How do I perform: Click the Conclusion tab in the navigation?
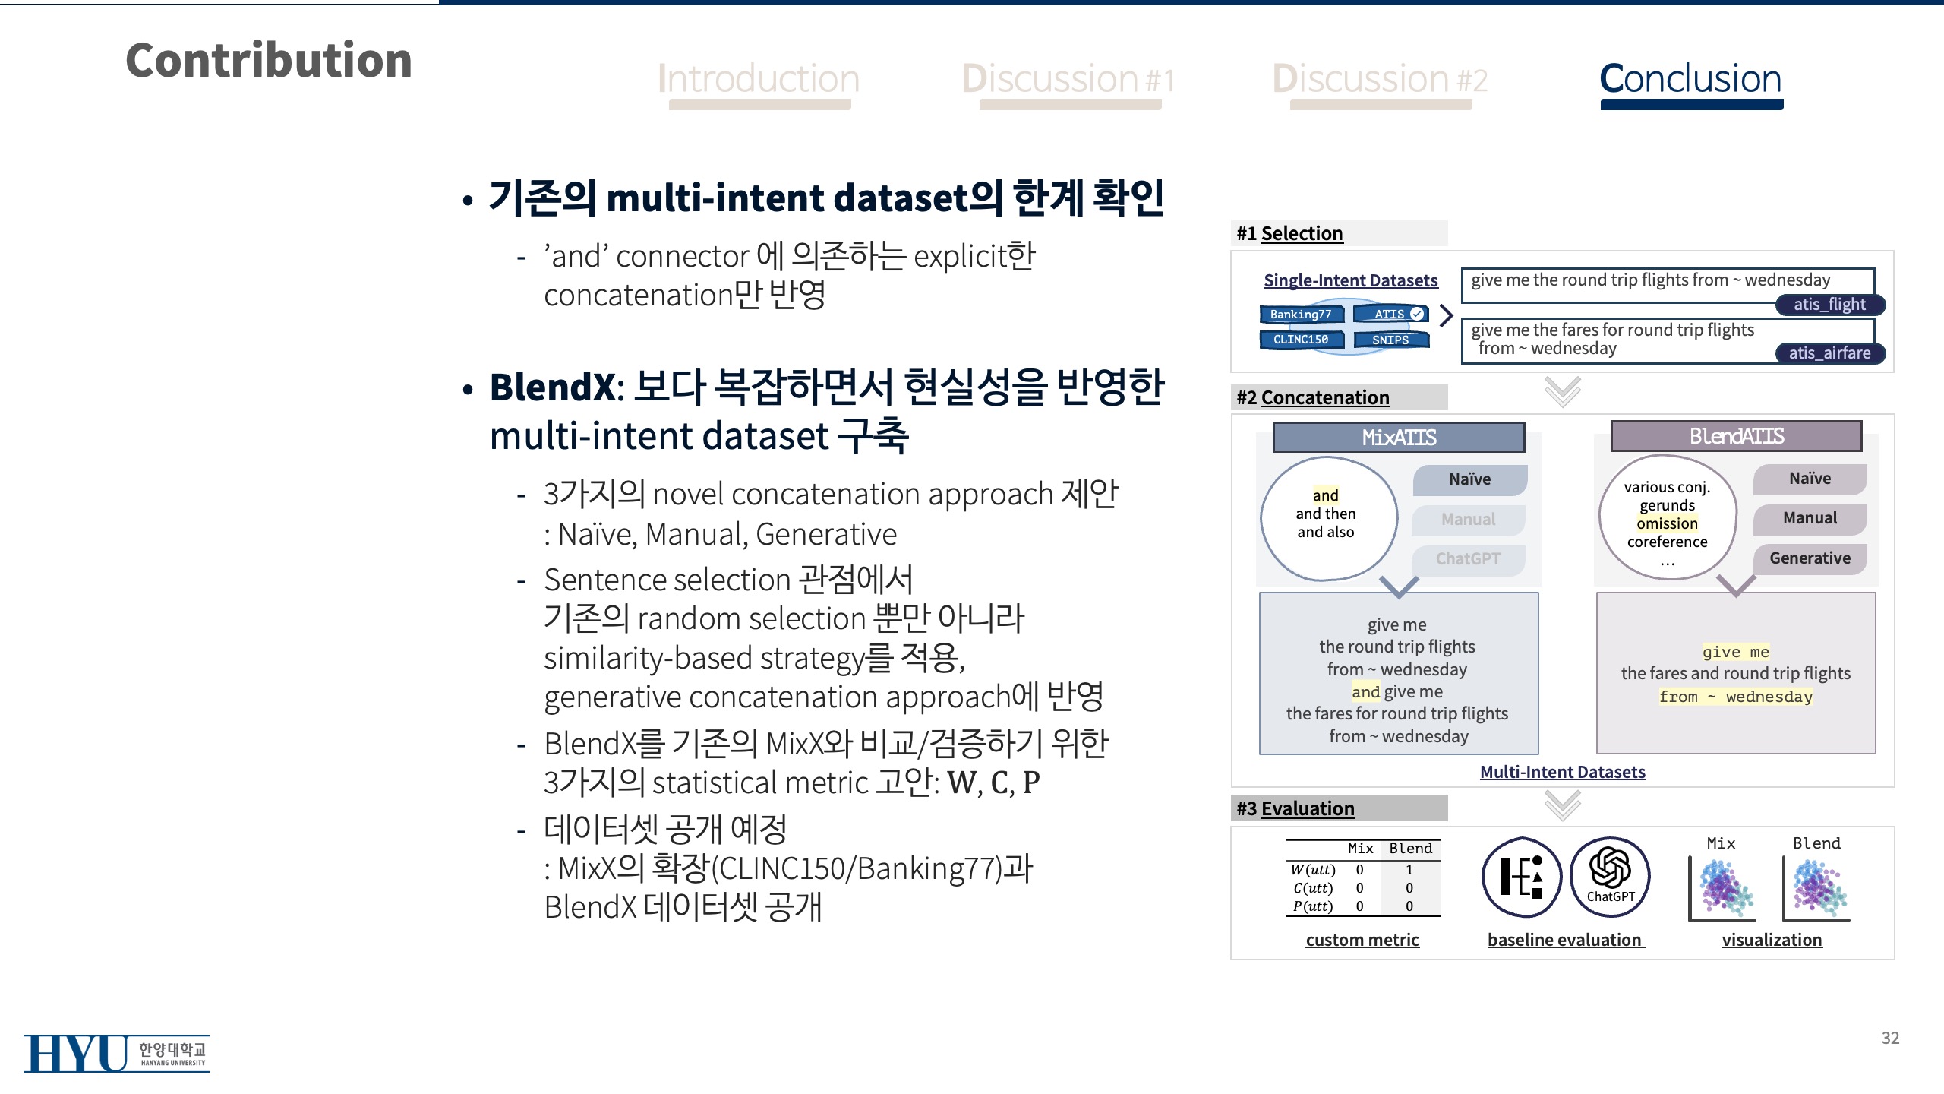click(x=1690, y=79)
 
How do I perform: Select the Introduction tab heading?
click(x=759, y=79)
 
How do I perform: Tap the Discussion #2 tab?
click(x=1380, y=79)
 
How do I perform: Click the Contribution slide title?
click(x=269, y=60)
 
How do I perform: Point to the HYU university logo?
click(x=116, y=1053)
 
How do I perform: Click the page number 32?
click(x=1890, y=1038)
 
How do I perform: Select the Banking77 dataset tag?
click(x=1301, y=314)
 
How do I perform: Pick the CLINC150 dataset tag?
click(x=1301, y=340)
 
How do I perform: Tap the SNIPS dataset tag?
click(x=1390, y=340)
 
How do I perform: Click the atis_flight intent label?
click(x=1829, y=305)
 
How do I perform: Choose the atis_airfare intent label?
click(x=1829, y=353)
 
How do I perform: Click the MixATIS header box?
click(x=1399, y=438)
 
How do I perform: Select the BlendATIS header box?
click(x=1736, y=436)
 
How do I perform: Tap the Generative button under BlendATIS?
click(x=1810, y=558)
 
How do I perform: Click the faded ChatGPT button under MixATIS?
click(x=1469, y=559)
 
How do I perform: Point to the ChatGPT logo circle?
click(x=1610, y=877)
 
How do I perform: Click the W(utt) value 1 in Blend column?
click(x=1409, y=870)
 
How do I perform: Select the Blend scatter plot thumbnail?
click(x=1817, y=889)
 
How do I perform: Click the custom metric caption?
click(x=1362, y=940)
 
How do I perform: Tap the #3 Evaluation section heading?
click(x=1295, y=808)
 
